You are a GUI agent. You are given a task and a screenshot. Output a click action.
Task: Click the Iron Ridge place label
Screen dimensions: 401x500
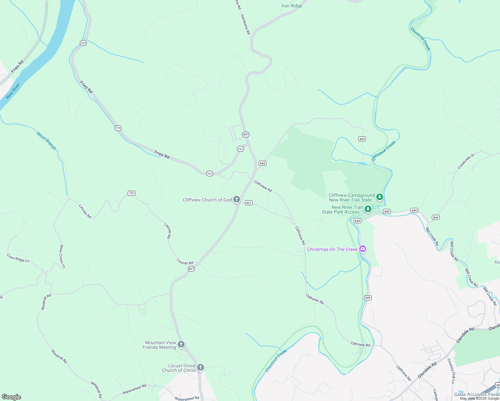click(292, 6)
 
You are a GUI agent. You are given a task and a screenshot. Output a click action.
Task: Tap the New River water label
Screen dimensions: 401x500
click(13, 91)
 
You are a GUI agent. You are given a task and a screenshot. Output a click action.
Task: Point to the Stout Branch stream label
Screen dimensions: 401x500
click(46, 141)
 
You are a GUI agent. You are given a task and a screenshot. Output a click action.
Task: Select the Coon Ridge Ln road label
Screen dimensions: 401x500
click(18, 258)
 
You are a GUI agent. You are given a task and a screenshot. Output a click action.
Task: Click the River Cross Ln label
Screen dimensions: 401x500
click(62, 256)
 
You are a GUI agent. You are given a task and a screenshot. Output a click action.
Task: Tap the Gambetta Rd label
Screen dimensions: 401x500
click(245, 24)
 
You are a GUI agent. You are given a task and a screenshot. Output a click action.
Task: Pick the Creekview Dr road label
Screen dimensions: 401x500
click(466, 161)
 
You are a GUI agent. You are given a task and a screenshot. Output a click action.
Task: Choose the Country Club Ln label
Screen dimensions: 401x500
click(451, 371)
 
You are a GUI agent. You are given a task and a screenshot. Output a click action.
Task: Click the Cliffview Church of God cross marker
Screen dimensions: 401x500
click(237, 200)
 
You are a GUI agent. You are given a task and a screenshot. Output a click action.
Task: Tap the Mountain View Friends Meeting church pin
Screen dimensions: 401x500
click(181, 344)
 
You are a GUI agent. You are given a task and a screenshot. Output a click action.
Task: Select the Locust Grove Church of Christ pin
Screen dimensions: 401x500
click(201, 368)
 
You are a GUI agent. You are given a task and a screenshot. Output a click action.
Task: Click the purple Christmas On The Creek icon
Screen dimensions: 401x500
click(363, 249)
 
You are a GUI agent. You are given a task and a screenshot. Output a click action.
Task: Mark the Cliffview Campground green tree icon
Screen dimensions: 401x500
click(379, 197)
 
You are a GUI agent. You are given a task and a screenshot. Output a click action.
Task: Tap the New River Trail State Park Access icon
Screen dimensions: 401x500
click(368, 209)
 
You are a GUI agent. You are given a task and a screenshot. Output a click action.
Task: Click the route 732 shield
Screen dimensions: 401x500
click(131, 193)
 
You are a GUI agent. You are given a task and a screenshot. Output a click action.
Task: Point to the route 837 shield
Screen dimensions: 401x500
click(249, 203)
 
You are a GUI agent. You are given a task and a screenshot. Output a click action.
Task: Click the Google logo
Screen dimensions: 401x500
click(11, 397)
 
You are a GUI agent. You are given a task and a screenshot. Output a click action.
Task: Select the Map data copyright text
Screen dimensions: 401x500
click(479, 398)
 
